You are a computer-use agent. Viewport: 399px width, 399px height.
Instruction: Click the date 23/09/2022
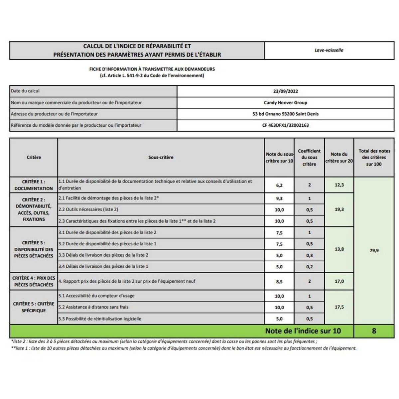coord(285,91)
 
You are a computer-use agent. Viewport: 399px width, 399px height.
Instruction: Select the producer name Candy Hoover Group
coord(285,103)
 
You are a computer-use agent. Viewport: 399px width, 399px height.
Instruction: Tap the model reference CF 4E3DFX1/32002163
coord(285,125)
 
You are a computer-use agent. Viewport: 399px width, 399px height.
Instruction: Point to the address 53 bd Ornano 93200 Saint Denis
coord(285,114)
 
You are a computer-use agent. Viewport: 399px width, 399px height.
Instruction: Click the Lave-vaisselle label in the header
coord(329,50)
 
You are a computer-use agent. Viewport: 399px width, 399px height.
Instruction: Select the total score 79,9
coord(374,250)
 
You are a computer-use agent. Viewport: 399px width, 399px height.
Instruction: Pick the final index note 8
coord(374,331)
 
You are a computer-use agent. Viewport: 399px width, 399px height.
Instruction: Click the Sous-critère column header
coord(161,157)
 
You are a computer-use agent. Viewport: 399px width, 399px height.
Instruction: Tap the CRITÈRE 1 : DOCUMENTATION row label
coord(34,185)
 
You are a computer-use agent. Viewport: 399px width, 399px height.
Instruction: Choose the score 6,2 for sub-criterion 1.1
coord(279,185)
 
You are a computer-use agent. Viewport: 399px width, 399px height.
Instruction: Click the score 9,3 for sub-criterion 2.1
coord(279,199)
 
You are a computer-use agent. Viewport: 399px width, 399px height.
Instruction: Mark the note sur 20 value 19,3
coord(339,209)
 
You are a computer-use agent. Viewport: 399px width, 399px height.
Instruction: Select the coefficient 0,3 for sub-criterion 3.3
coord(309,255)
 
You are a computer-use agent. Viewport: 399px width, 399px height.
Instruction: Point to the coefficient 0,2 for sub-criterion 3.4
coord(309,267)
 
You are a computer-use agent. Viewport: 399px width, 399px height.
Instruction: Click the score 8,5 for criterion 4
coord(279,282)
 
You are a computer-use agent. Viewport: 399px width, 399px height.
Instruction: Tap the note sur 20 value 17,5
coord(339,307)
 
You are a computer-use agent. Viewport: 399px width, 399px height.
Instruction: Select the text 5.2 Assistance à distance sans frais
coord(93,307)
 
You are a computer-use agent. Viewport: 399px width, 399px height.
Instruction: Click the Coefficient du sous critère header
coord(309,157)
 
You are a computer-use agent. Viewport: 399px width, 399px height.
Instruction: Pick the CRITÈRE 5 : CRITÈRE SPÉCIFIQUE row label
coord(34,307)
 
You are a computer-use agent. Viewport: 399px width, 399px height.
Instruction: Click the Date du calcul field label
coord(25,91)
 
